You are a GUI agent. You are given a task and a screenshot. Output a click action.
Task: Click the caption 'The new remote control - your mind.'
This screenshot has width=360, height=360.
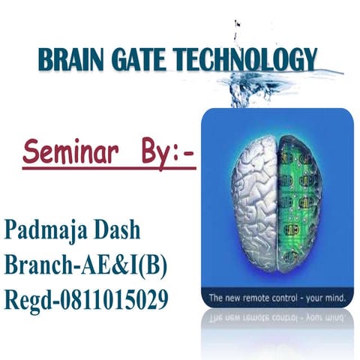tap(277, 298)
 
